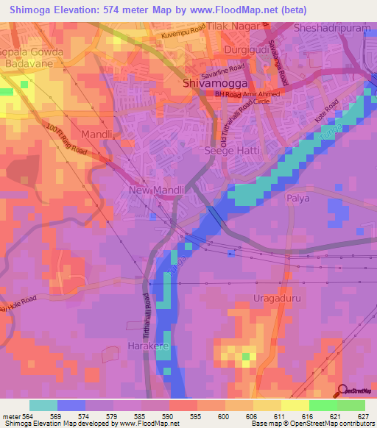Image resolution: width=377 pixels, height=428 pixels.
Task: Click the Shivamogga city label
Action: coord(209,84)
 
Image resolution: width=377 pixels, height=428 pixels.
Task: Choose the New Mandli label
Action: coord(156,190)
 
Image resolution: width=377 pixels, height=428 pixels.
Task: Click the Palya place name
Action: coord(298,199)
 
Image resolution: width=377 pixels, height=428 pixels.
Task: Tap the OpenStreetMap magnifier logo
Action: coord(342,391)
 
